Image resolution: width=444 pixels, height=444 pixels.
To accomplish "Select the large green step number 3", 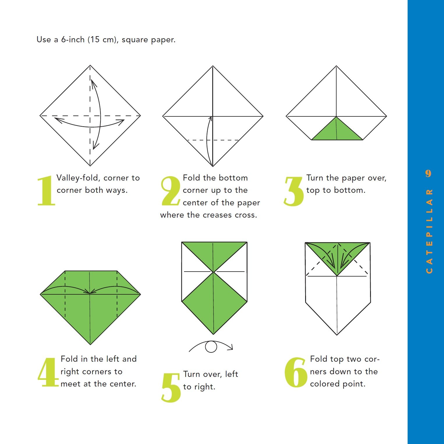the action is [294, 191].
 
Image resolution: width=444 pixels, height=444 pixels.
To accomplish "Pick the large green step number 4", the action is [48, 372].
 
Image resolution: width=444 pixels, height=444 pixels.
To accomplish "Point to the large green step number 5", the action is [171, 388].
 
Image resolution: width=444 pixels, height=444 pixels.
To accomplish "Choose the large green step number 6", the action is [296, 373].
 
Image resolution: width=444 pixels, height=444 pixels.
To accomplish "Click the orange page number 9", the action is [428, 173].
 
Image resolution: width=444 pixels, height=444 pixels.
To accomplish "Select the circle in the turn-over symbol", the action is [211, 347].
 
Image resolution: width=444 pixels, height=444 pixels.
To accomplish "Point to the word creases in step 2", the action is [221, 215].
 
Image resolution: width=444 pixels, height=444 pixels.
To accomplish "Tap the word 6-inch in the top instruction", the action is [73, 39].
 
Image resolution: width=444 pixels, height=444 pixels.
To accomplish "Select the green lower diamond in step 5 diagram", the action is [214, 303].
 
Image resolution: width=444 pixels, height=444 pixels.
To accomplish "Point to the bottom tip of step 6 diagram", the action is [337, 335].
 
